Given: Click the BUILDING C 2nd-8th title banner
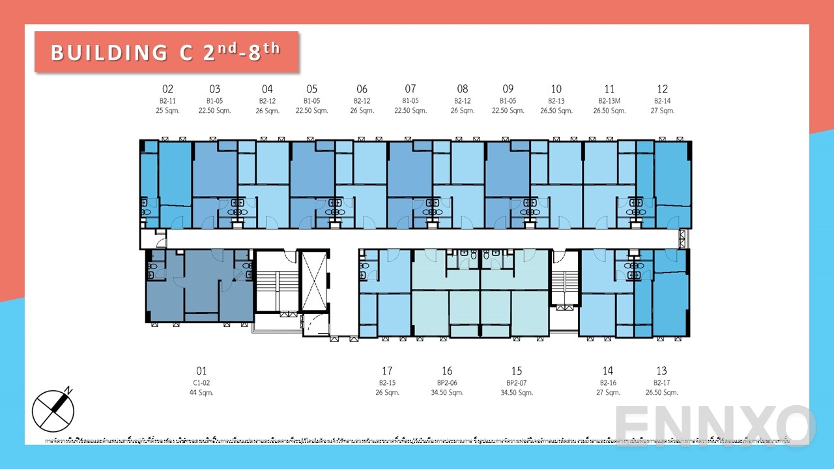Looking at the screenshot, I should [166, 52].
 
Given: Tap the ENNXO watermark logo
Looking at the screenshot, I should [715, 425].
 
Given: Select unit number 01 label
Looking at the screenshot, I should [201, 371].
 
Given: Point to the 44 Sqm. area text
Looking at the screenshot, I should [201, 393].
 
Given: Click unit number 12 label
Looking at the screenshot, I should [662, 89].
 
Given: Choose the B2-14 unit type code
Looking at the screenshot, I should [662, 101].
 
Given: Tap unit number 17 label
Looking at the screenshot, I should [387, 371].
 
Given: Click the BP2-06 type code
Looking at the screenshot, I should [447, 383].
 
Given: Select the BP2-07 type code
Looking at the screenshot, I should [517, 383].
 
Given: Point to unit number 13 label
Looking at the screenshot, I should [662, 371].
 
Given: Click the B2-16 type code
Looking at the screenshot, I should [608, 383].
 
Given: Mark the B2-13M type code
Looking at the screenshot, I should [609, 101].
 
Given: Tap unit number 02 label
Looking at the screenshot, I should [167, 89].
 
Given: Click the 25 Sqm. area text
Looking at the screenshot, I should [167, 111].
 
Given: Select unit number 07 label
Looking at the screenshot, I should [410, 89].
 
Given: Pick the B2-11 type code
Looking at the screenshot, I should [167, 101].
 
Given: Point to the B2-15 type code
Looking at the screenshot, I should [387, 383].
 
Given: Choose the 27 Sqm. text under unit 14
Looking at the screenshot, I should [608, 393].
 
